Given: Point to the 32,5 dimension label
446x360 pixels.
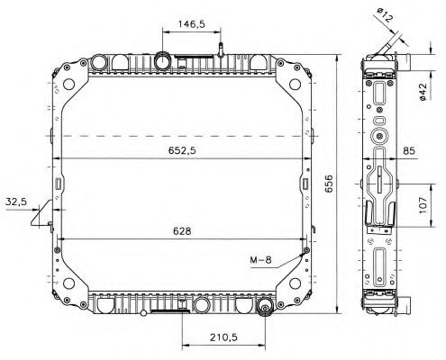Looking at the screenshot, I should (x=15, y=202).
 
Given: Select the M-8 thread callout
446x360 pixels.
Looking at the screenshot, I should (x=260, y=261).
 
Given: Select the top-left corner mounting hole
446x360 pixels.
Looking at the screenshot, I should (x=66, y=87).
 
